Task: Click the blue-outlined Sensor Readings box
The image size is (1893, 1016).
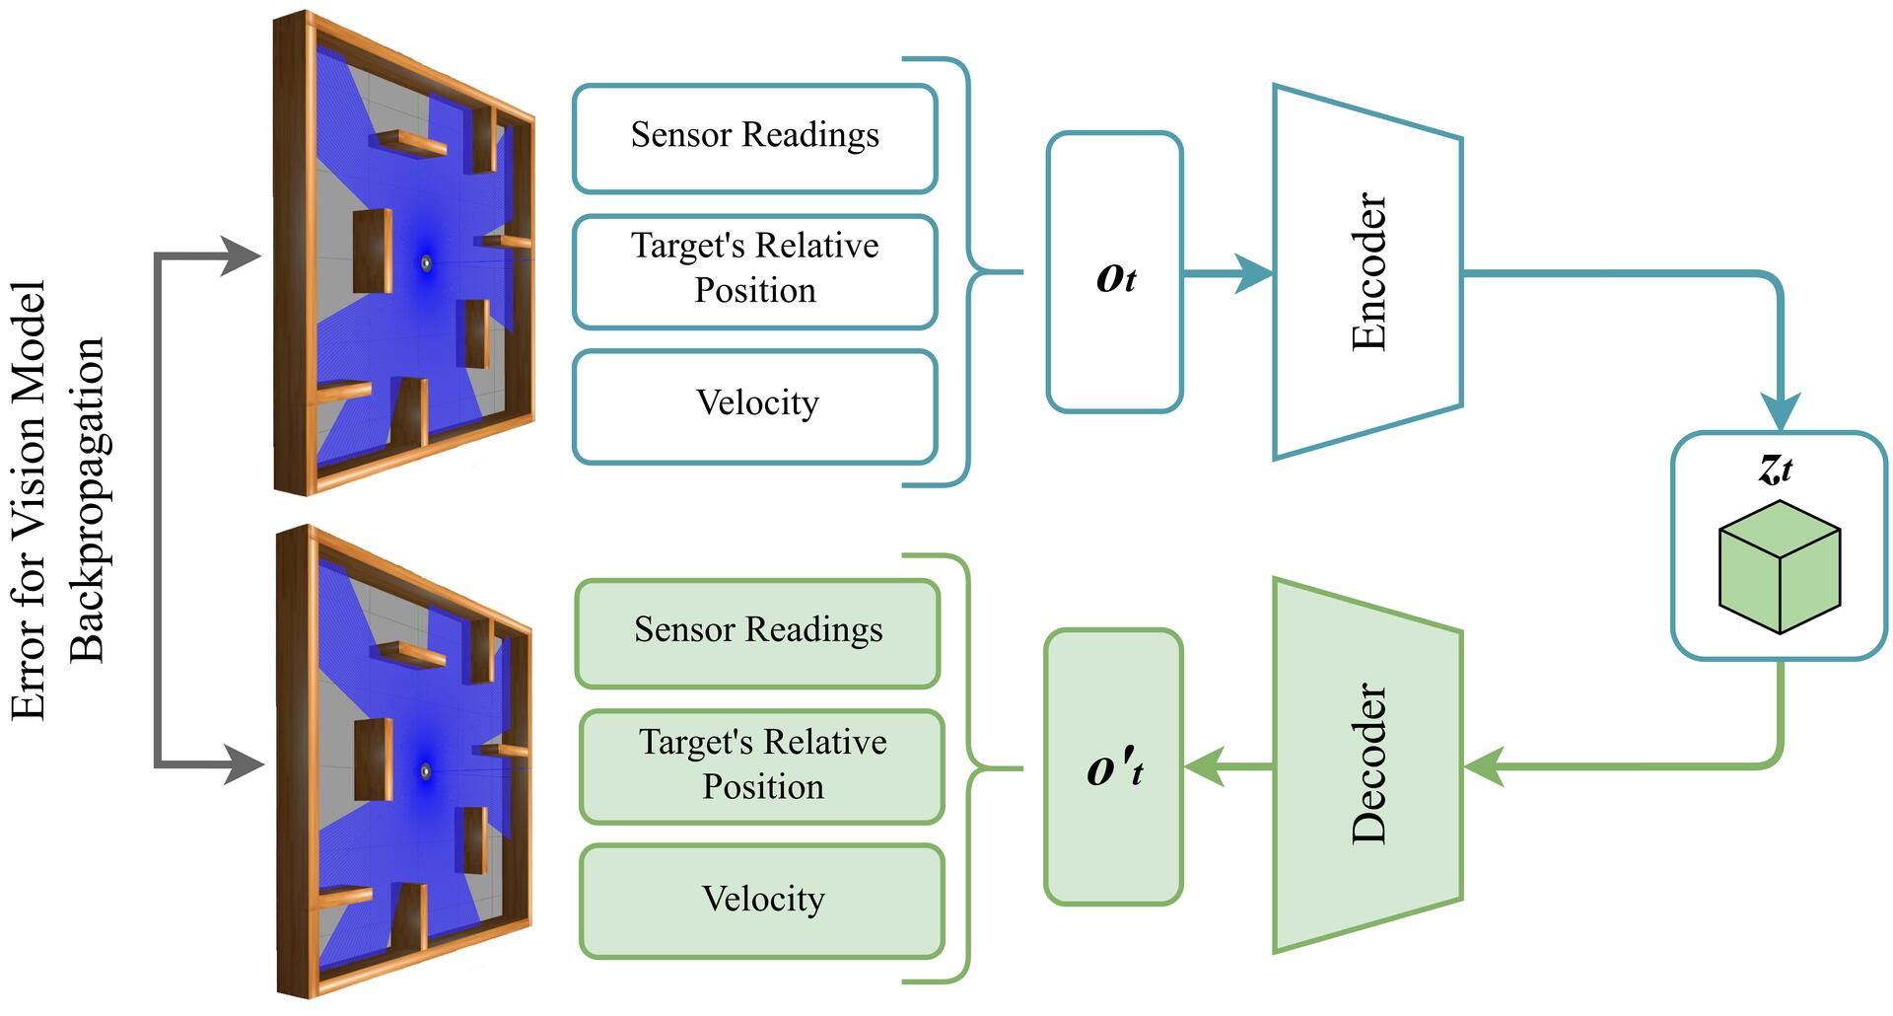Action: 754,138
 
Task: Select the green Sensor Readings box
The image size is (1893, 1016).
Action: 757,633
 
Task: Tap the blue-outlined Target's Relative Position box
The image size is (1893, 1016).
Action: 754,271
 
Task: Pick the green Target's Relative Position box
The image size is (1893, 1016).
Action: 762,766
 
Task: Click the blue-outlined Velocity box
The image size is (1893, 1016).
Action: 754,405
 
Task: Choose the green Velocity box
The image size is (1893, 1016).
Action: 762,901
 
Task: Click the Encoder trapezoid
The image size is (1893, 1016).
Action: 1367,271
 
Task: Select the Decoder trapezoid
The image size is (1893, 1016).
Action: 1367,764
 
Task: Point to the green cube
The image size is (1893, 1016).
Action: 1780,567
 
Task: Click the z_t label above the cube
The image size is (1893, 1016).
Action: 1776,469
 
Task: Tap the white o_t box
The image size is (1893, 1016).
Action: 1115,272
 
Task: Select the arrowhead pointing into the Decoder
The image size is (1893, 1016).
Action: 1485,765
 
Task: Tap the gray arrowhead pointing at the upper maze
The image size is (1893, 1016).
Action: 241,256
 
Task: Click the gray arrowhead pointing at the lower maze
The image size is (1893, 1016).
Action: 245,764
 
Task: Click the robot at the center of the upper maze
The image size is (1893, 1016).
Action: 426,262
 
